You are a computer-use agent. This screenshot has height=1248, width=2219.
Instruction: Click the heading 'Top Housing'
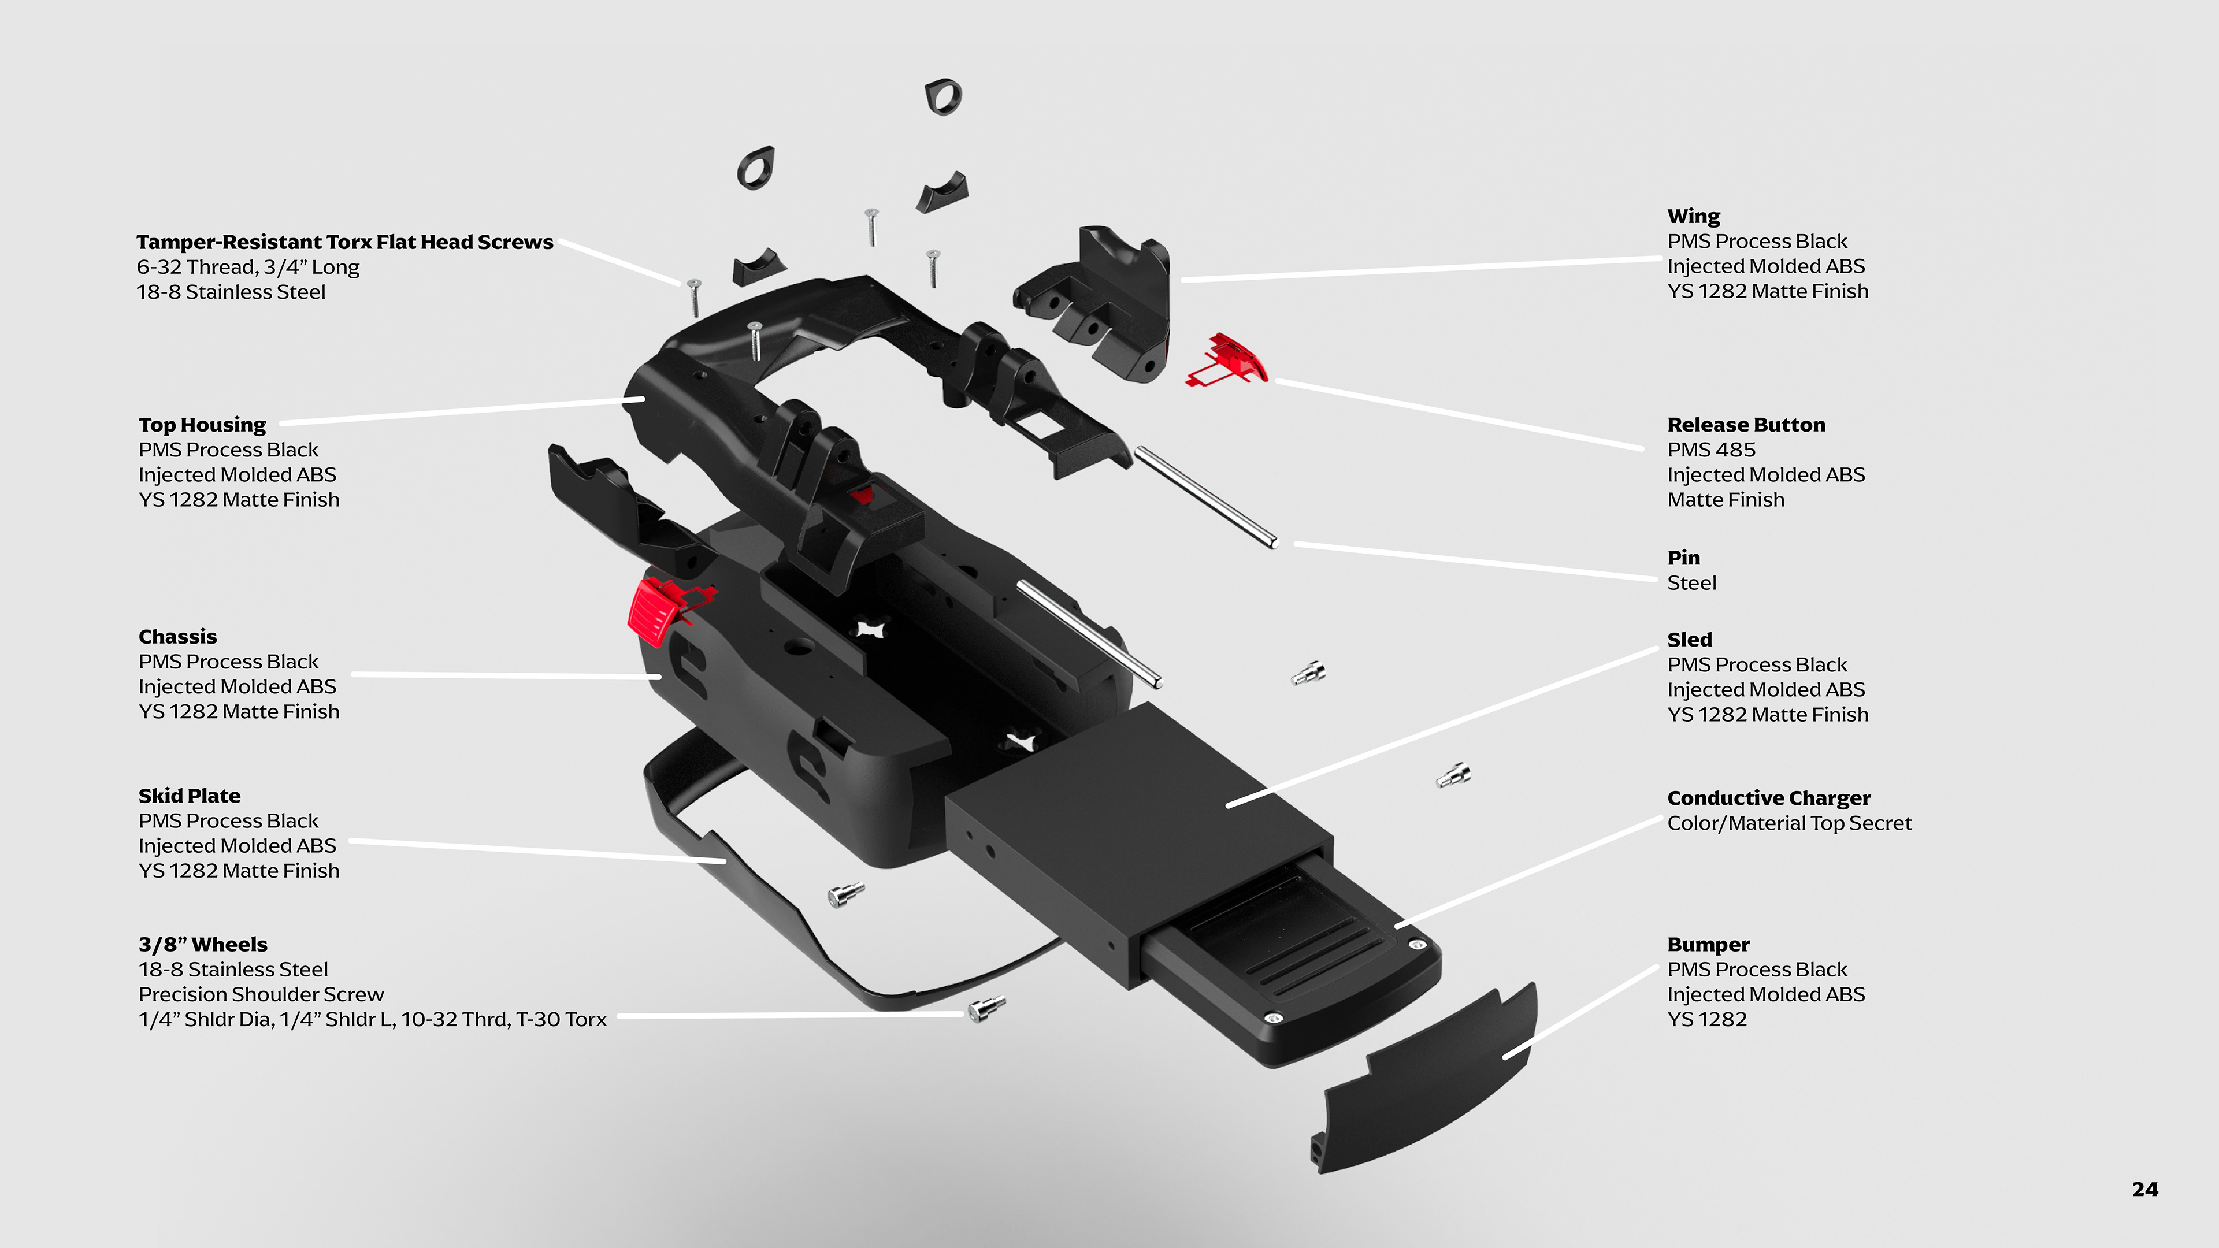202,425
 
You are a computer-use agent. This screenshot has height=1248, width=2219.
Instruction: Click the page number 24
2144,1190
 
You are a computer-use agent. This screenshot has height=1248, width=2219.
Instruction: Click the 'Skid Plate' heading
190,796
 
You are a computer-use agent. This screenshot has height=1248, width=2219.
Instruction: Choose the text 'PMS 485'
1710,450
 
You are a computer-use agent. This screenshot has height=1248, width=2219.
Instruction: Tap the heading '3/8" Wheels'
203,944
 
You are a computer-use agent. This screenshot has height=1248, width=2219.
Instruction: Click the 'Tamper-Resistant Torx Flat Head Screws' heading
344,242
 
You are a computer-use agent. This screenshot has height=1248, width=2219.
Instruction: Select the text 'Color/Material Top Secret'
1788,823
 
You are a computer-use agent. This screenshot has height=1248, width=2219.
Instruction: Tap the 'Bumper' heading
1708,944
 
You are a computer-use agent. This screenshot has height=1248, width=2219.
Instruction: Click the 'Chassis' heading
177,637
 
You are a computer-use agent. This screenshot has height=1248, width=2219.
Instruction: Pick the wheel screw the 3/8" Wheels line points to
985,1007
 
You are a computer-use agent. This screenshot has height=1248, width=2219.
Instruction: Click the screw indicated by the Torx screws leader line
693,295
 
